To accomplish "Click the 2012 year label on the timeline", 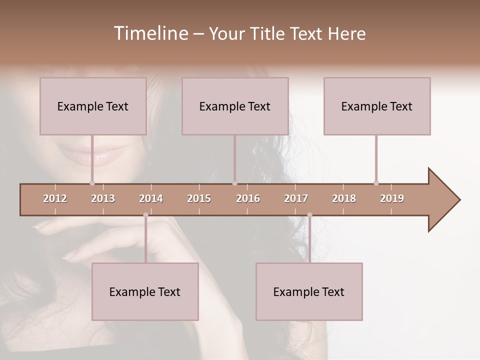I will tap(55, 198).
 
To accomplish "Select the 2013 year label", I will tap(103, 198).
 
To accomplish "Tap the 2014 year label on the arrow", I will tap(151, 198).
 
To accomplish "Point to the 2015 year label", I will tap(199, 198).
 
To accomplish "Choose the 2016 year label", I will tap(248, 198).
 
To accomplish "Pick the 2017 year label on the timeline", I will tap(296, 198).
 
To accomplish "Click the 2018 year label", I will tap(344, 198).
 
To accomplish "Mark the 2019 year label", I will tap(392, 198).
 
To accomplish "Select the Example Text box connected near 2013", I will tap(93, 106).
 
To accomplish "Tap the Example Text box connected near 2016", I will tap(235, 106).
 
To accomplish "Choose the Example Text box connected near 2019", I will tap(377, 106).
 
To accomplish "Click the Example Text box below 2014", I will tap(145, 291).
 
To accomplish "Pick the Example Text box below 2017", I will tap(309, 291).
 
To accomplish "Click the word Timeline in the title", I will tap(150, 33).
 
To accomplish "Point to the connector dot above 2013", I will tap(92, 183).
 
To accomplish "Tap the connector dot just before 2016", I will tap(234, 183).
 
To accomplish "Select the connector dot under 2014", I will tap(145, 215).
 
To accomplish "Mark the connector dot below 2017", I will tap(309, 215).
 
